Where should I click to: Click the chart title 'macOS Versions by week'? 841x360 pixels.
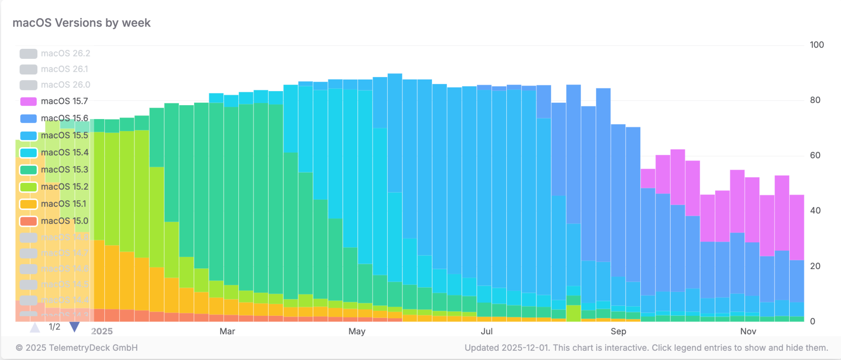pos(82,23)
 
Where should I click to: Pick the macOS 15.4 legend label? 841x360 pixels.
pos(64,153)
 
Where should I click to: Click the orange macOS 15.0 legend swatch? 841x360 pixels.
pos(29,221)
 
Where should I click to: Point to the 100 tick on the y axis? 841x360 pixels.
pos(817,45)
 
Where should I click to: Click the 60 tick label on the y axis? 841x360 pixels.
pos(815,156)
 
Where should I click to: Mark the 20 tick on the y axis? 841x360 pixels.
pos(815,266)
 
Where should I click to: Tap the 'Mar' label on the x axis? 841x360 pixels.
pos(227,331)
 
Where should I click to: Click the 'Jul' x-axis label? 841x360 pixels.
pos(487,331)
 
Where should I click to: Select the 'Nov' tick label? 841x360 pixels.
pos(748,331)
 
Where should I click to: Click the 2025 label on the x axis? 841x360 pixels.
pos(102,331)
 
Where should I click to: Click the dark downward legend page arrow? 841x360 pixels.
pos(74,327)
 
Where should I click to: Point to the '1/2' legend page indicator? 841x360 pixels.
pos(54,327)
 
